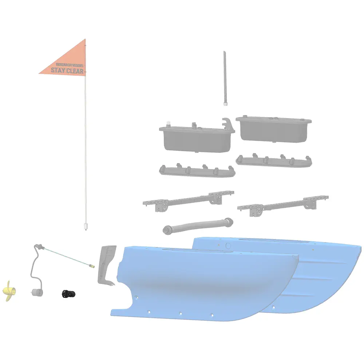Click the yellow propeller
9,291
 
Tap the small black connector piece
68,294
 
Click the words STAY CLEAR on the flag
67,70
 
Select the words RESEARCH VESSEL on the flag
70,65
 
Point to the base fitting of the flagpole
86,226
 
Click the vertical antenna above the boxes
225,78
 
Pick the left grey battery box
197,137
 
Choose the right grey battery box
274,129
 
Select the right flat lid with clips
274,161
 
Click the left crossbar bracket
189,201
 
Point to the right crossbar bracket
283,205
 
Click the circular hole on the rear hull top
228,246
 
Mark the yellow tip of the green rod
92,266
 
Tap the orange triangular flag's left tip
39,74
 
